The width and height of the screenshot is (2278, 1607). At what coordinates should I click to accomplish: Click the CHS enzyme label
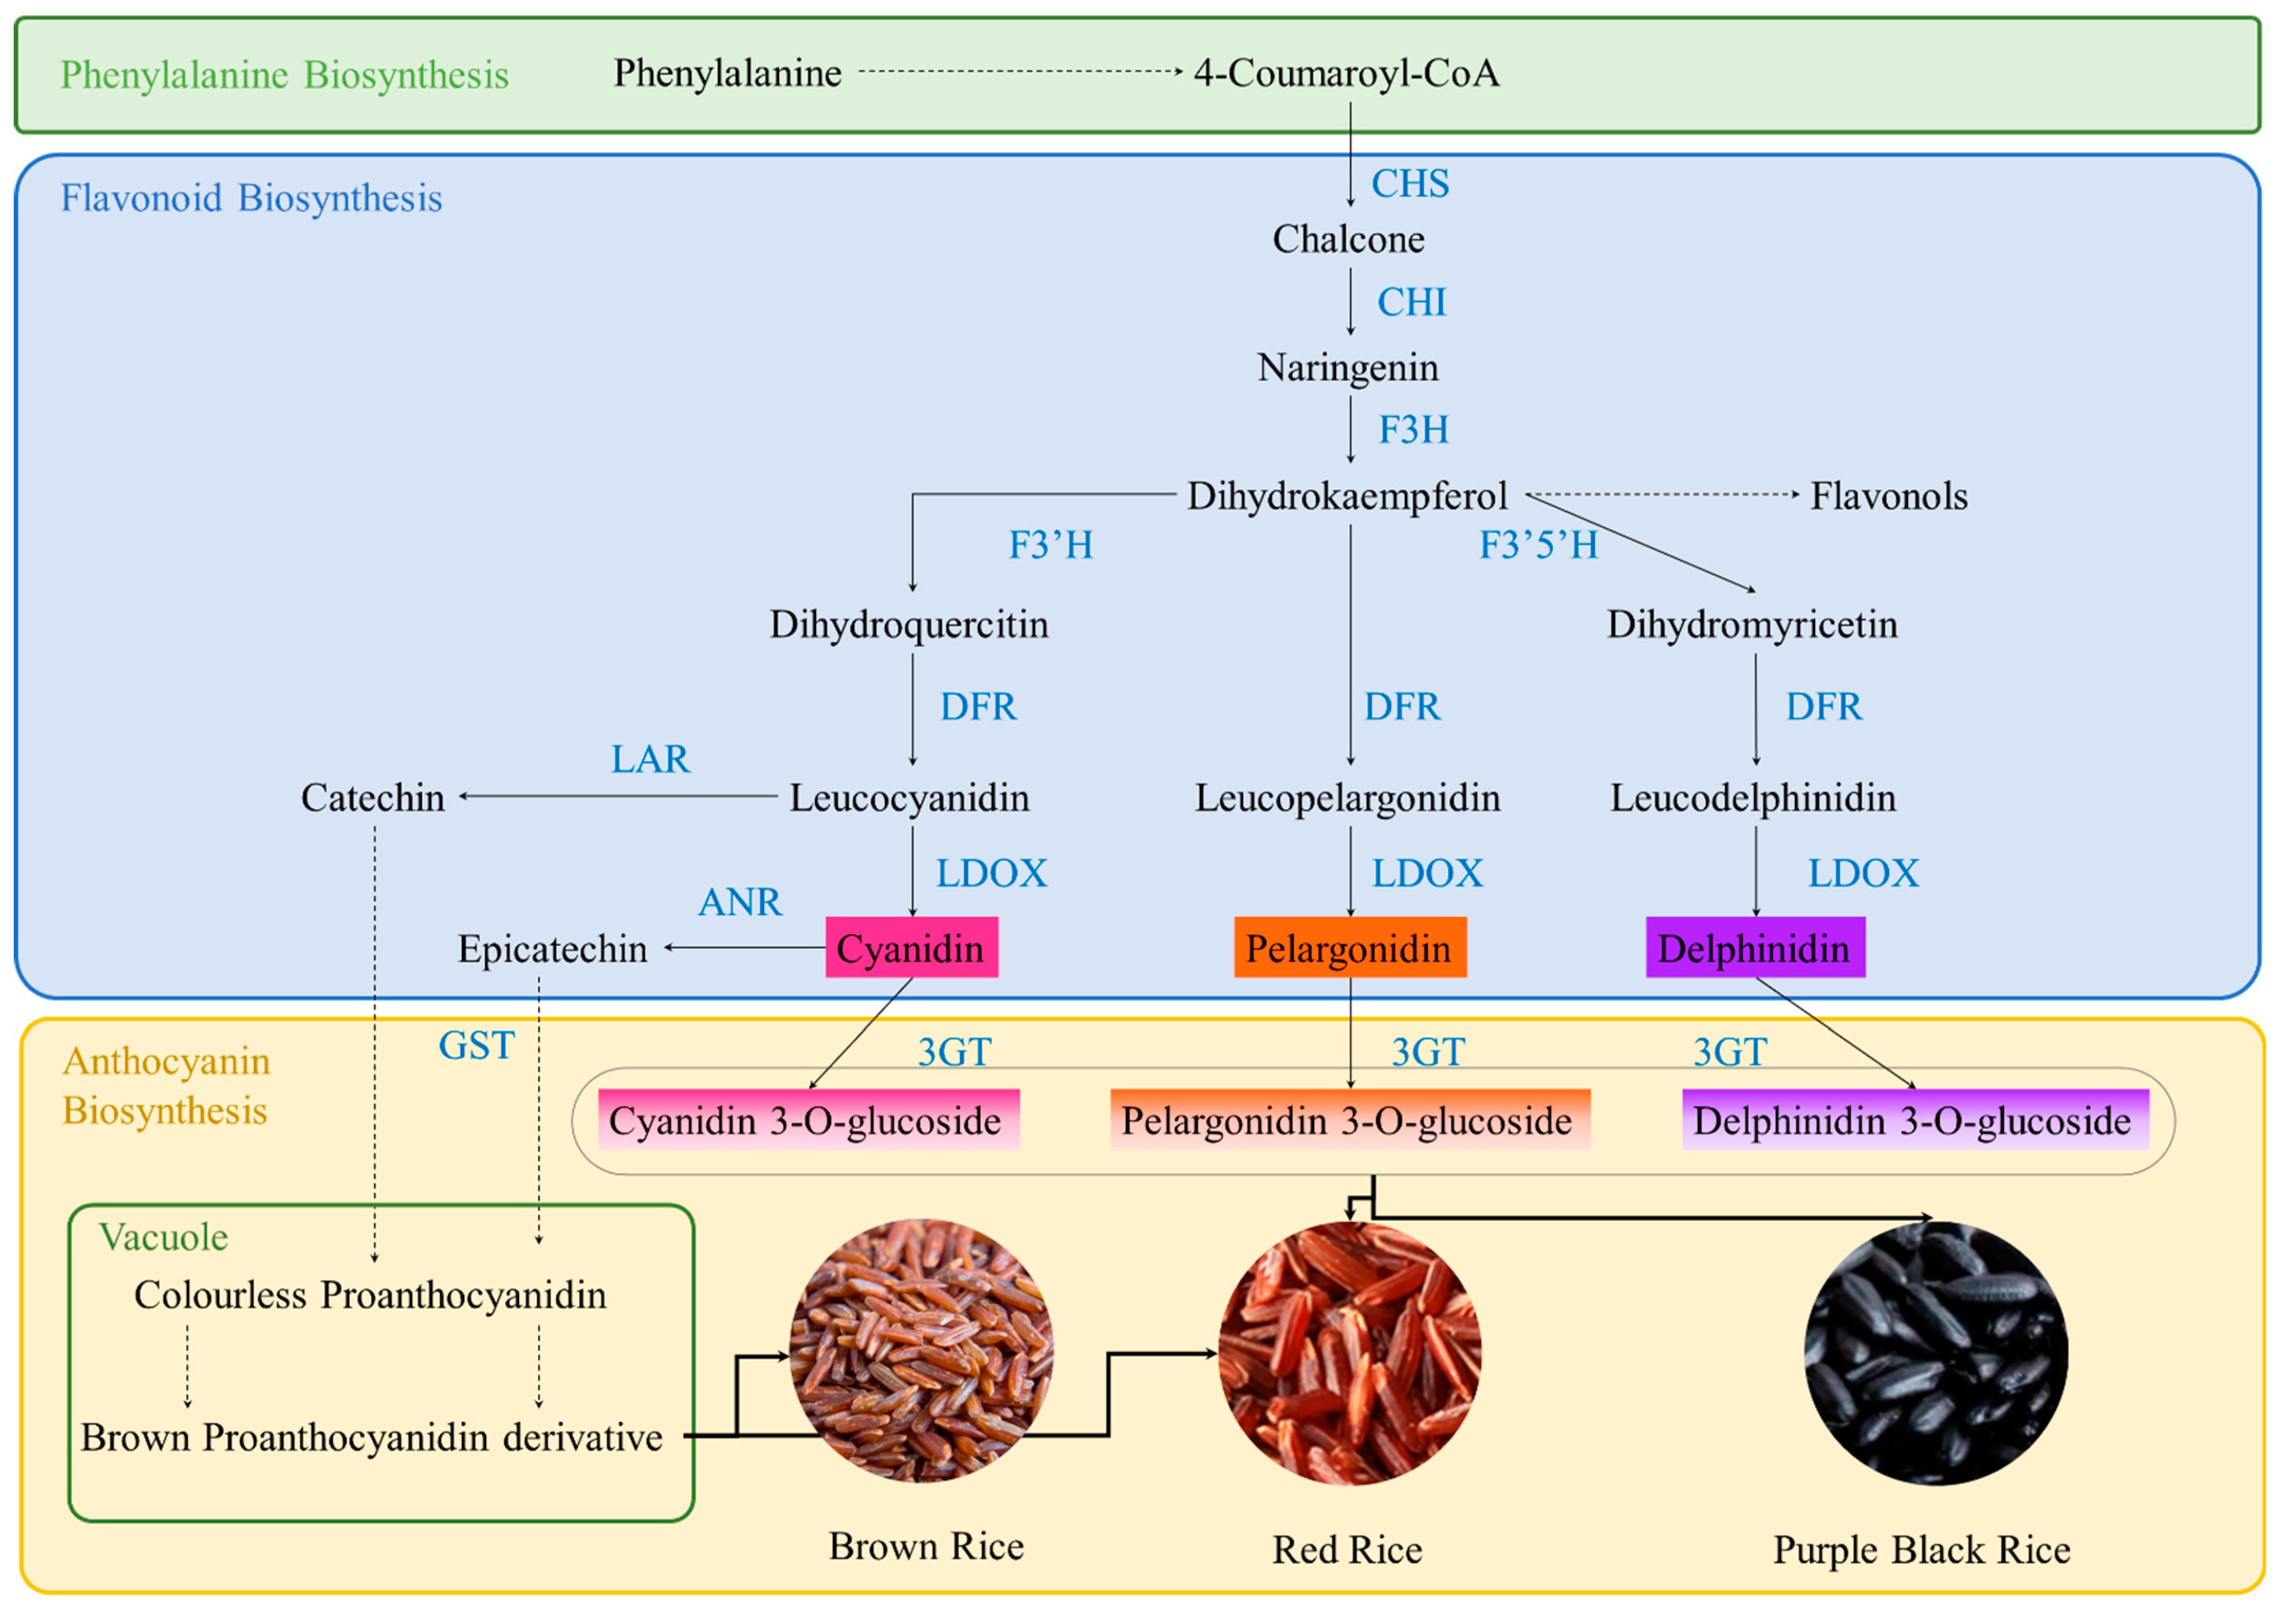pos(1409,183)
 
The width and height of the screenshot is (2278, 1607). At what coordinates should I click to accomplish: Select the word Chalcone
pos(1348,239)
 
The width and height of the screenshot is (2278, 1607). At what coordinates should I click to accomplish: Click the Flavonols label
pos(1888,495)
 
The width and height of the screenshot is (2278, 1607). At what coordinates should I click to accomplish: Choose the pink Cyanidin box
pos(911,948)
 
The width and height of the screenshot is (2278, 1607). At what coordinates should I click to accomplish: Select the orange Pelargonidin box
pos(1349,948)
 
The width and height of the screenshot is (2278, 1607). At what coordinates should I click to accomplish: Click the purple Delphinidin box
pos(1754,948)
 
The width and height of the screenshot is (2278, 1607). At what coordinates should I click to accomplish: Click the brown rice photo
pos(922,1351)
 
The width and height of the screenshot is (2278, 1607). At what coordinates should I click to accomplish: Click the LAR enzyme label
pos(650,759)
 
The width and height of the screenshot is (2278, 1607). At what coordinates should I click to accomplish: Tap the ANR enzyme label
pos(740,902)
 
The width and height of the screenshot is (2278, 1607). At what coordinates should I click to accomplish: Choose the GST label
pos(476,1045)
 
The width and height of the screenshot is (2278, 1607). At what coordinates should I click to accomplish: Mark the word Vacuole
pos(164,1237)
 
